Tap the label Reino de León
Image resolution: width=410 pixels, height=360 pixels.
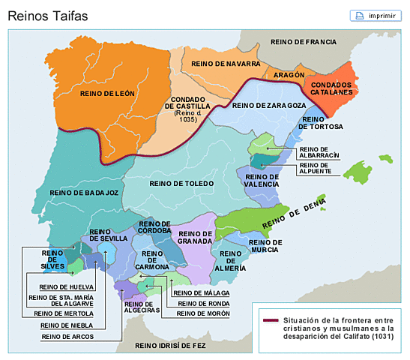click(112, 93)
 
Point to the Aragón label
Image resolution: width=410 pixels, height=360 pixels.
click(289, 76)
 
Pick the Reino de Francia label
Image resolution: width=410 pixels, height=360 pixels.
click(304, 42)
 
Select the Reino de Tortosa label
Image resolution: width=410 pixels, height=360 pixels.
click(321, 123)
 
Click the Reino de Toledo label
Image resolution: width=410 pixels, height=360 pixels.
click(182, 183)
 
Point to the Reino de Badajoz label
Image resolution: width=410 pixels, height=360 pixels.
click(85, 193)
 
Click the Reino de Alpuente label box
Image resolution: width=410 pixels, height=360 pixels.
click(314, 168)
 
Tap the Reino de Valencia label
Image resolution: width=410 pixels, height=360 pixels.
click(262, 181)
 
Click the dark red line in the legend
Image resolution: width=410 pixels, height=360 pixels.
click(271, 321)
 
